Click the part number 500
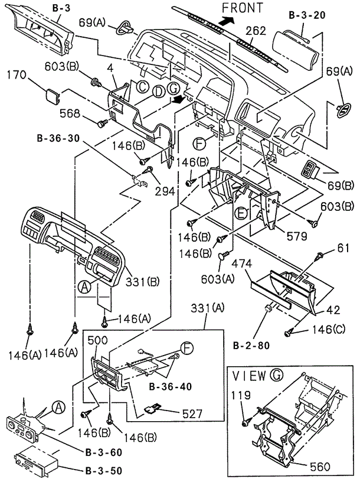[98, 340]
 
